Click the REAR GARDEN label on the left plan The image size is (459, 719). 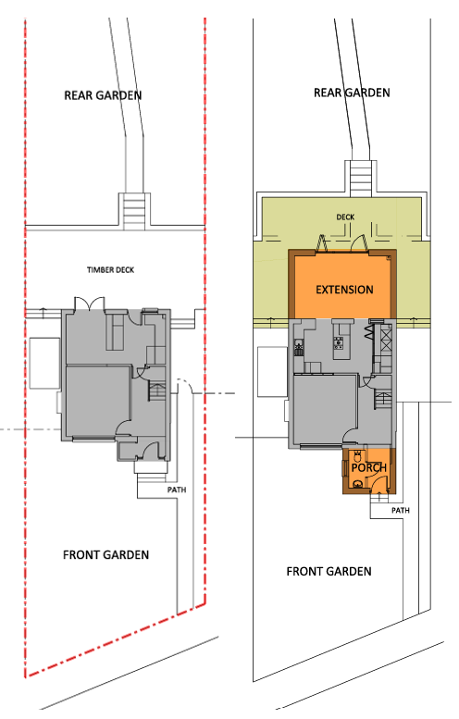pyautogui.click(x=103, y=95)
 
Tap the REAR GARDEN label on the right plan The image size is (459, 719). pyautogui.click(x=352, y=93)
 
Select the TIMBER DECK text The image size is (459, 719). pyautogui.click(x=110, y=270)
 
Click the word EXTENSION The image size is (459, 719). pyautogui.click(x=344, y=290)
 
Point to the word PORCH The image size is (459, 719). pyautogui.click(x=369, y=467)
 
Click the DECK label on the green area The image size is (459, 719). pyautogui.click(x=345, y=217)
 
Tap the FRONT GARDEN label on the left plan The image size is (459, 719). pyautogui.click(x=105, y=555)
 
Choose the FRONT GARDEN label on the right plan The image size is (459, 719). pyautogui.click(x=329, y=571)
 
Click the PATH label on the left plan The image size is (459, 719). pyautogui.click(x=177, y=490)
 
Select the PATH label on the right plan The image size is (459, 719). pyautogui.click(x=401, y=511)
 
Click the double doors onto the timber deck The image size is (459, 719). pyautogui.click(x=90, y=304)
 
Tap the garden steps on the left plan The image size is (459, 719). pyautogui.click(x=134, y=211)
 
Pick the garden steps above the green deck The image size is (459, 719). pyautogui.click(x=360, y=179)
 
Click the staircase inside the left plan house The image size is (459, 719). pyautogui.click(x=156, y=391)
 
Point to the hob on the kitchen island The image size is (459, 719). pyautogui.click(x=339, y=342)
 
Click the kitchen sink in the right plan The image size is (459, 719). pyautogui.click(x=299, y=347)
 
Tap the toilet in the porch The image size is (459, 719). pyautogui.click(x=357, y=456)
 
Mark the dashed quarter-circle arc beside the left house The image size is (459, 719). pyautogui.click(x=185, y=384)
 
